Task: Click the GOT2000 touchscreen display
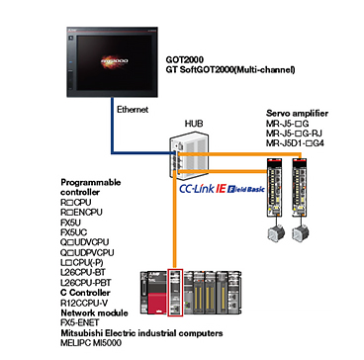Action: click(x=112, y=63)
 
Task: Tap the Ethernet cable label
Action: click(x=133, y=110)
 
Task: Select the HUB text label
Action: click(x=194, y=124)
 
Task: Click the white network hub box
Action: click(x=189, y=154)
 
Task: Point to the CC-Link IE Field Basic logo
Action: click(x=223, y=189)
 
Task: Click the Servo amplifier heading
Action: click(x=297, y=114)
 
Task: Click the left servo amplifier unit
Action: click(x=275, y=187)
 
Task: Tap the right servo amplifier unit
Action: click(x=301, y=187)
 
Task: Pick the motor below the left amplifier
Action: click(x=275, y=233)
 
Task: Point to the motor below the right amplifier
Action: click(x=301, y=233)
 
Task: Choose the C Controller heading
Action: click(x=85, y=293)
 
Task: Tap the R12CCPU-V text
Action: click(x=82, y=303)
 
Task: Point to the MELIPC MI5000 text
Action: click(x=91, y=343)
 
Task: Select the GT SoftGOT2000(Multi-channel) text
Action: click(x=230, y=70)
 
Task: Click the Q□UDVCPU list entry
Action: click(x=85, y=242)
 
